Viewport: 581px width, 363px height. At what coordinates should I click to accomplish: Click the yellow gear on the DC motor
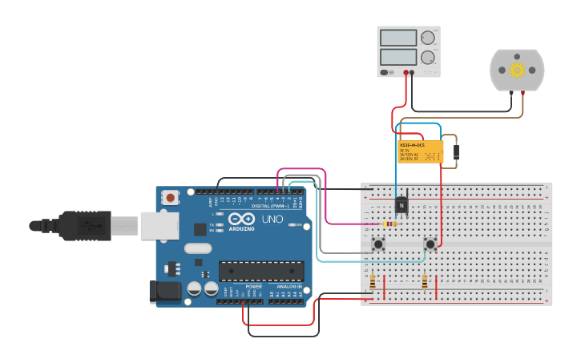pos(517,70)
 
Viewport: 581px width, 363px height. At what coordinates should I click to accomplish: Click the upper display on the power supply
pos(398,38)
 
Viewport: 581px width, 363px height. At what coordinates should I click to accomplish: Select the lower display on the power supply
pos(398,57)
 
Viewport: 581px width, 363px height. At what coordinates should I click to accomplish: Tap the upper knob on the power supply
pos(428,38)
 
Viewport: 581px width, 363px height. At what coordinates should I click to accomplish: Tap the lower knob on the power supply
pos(428,57)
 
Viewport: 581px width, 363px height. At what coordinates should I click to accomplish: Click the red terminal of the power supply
pos(405,73)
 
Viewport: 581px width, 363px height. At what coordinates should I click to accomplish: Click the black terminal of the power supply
pos(412,73)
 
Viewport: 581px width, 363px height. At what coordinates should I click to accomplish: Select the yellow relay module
pos(420,151)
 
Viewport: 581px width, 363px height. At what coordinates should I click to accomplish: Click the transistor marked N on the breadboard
pos(401,206)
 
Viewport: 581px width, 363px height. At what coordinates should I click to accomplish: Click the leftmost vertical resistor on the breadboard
pos(373,281)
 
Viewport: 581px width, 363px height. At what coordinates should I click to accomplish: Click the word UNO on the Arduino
pos(272,219)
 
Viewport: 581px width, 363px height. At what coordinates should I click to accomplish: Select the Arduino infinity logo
pos(241,219)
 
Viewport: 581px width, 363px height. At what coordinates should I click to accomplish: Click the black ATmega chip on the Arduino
pos(261,272)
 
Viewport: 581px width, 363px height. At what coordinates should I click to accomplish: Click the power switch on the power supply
pos(388,73)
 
